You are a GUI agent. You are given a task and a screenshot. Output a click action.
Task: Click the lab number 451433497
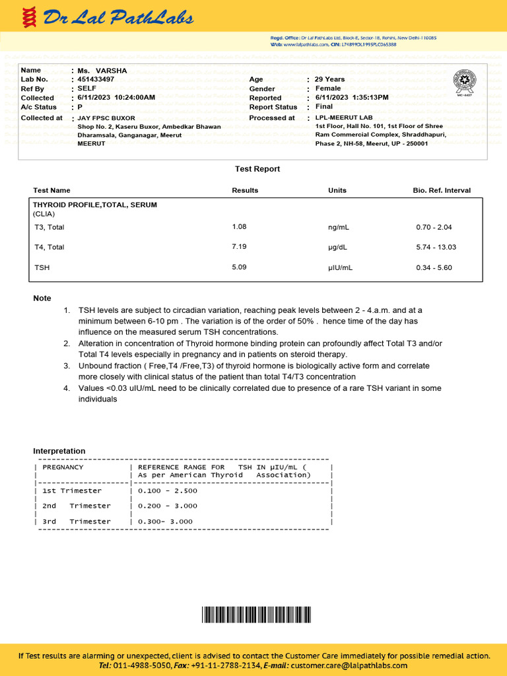click(x=96, y=79)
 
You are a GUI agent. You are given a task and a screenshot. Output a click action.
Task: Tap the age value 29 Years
click(x=329, y=79)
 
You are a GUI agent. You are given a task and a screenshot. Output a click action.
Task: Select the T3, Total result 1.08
click(x=239, y=226)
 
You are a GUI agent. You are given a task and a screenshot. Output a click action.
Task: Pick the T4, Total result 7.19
click(x=239, y=247)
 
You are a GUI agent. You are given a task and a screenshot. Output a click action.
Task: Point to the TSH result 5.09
click(x=239, y=267)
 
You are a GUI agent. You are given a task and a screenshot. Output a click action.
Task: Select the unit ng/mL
click(x=339, y=227)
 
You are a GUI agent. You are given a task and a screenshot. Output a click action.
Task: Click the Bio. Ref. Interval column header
click(x=442, y=190)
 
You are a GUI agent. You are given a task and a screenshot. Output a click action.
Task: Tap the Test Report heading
click(x=257, y=169)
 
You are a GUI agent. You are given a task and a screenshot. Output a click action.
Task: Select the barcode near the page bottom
click(x=253, y=615)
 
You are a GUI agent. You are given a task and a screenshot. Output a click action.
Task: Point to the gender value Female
click(x=328, y=88)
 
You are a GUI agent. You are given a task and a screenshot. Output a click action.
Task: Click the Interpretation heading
click(x=59, y=451)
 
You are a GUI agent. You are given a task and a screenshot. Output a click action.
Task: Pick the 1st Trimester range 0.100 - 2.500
click(x=168, y=490)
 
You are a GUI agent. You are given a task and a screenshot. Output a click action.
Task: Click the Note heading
click(x=42, y=298)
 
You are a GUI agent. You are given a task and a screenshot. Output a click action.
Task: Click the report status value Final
click(x=324, y=106)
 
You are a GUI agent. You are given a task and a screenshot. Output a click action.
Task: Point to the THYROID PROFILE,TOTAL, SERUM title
click(x=95, y=205)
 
